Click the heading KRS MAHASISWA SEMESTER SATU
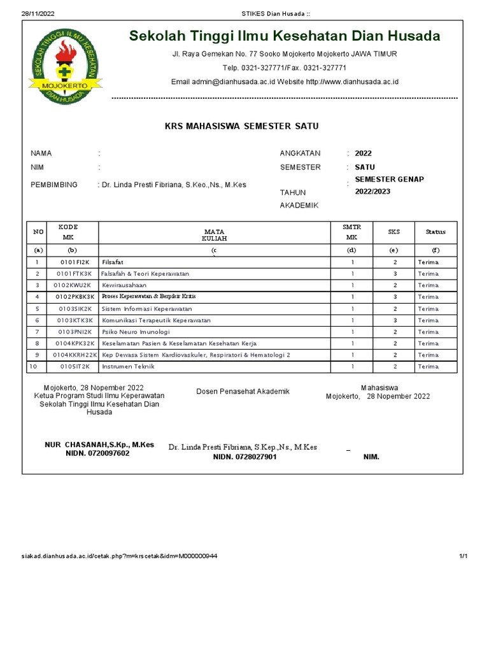(x=241, y=126)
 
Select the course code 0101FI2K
(x=76, y=262)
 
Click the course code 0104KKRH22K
(x=76, y=355)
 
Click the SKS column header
(x=394, y=232)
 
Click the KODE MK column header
(x=68, y=232)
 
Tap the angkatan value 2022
(x=364, y=153)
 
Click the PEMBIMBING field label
(x=54, y=185)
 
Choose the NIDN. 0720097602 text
(x=97, y=453)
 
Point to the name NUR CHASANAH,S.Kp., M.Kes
(x=99, y=444)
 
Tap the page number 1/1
(x=464, y=556)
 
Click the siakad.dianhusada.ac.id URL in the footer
(x=119, y=556)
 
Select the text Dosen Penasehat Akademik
(x=243, y=392)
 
